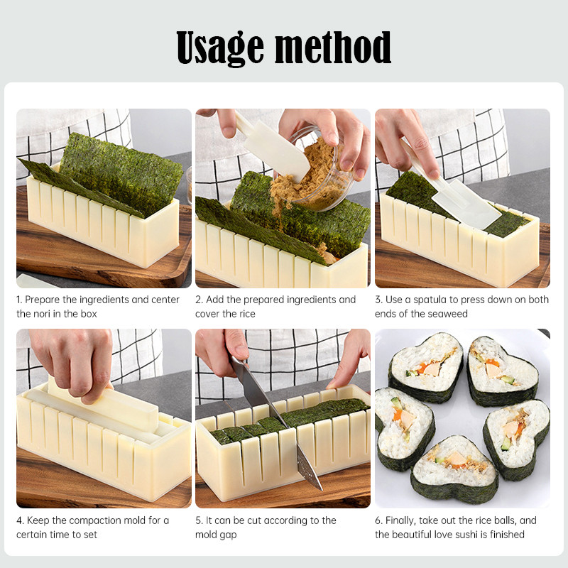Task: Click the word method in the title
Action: pyautogui.click(x=333, y=47)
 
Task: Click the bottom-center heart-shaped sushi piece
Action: pyautogui.click(x=454, y=469)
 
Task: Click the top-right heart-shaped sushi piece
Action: pyautogui.click(x=502, y=371)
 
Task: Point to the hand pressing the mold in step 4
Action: pyautogui.click(x=72, y=362)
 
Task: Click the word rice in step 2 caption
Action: pyautogui.click(x=247, y=314)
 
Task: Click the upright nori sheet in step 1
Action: pyautogui.click(x=121, y=174)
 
